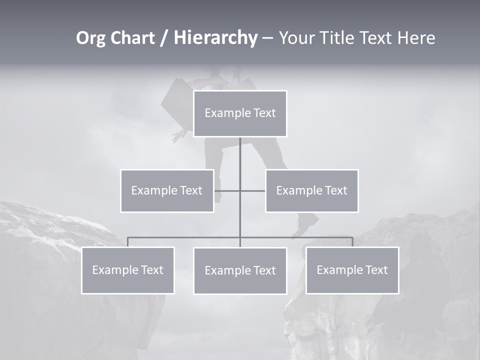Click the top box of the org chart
(x=240, y=113)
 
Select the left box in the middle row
(x=167, y=190)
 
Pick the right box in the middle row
(x=311, y=190)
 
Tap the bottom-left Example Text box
(x=128, y=270)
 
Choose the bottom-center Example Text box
(x=240, y=270)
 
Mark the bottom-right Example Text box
(x=352, y=270)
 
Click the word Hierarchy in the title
(x=215, y=38)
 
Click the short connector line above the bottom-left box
(x=128, y=242)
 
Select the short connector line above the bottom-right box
(x=352, y=242)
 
